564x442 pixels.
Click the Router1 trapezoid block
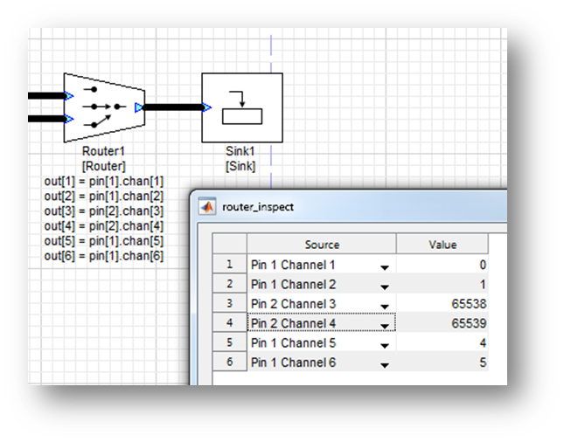[103, 107]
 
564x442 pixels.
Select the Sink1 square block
[241, 107]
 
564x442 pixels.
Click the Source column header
[322, 245]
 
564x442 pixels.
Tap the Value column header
[442, 245]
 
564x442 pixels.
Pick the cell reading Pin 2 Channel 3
[310, 304]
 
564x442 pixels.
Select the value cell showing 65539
[442, 323]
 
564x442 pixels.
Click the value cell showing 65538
[442, 304]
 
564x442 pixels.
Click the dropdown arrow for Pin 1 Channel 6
[385, 364]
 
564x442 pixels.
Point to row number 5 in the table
[230, 343]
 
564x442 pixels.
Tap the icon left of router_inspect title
[208, 207]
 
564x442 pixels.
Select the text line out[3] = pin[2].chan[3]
[103, 212]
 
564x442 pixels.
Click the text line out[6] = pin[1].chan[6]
[103, 256]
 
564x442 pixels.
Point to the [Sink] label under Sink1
[241, 166]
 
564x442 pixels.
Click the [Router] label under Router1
[103, 166]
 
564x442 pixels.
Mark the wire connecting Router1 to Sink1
[172, 107]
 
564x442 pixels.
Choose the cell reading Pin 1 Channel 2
[310, 285]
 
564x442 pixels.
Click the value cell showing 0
[442, 265]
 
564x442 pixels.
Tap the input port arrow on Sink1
[206, 107]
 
